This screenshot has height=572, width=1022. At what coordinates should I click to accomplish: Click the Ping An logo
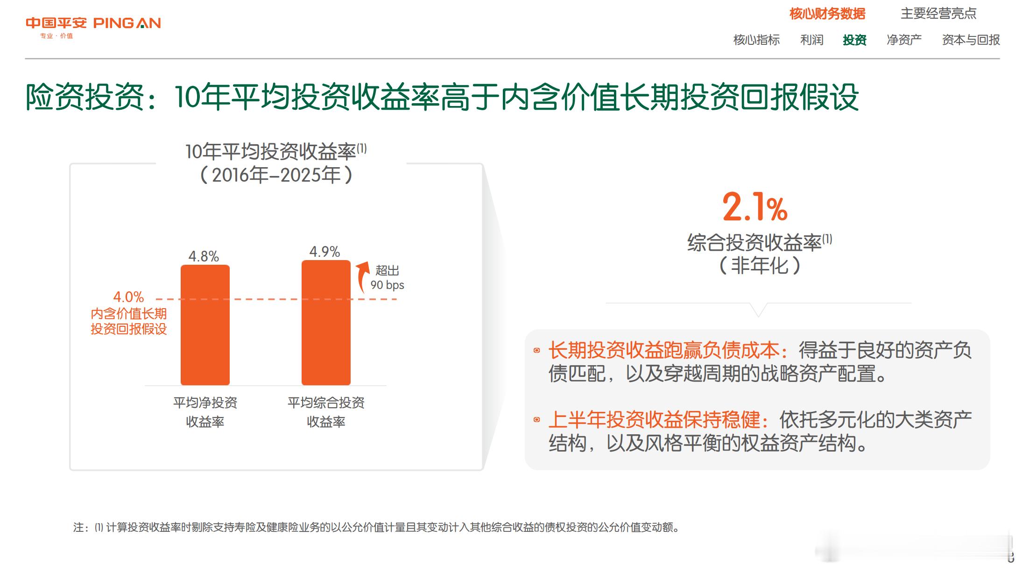click(93, 27)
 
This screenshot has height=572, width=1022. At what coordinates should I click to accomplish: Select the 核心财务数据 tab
click(827, 14)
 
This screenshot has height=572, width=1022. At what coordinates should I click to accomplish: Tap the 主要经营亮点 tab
click(938, 14)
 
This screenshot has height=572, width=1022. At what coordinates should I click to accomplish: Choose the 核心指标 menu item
click(756, 40)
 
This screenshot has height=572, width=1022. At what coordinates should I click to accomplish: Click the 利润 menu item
click(812, 40)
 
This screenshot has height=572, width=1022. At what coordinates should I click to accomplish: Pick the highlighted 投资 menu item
click(854, 40)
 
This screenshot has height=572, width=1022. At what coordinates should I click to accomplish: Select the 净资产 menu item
click(904, 40)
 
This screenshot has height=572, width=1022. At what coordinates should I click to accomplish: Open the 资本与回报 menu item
click(971, 40)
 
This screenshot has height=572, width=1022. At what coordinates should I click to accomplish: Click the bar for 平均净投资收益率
click(205, 325)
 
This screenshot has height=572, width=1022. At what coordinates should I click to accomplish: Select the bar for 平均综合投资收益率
click(326, 323)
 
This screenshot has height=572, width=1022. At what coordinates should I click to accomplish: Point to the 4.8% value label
click(204, 256)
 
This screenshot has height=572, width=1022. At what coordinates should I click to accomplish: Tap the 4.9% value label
click(324, 252)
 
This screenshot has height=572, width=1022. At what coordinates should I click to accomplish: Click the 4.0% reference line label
click(128, 297)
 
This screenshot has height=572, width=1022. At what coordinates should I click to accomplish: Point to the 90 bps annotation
click(387, 285)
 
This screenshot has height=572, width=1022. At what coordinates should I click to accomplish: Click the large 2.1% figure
click(755, 207)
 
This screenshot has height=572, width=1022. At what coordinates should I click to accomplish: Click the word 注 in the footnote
click(78, 528)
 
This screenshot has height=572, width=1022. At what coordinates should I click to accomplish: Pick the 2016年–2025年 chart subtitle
click(276, 175)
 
